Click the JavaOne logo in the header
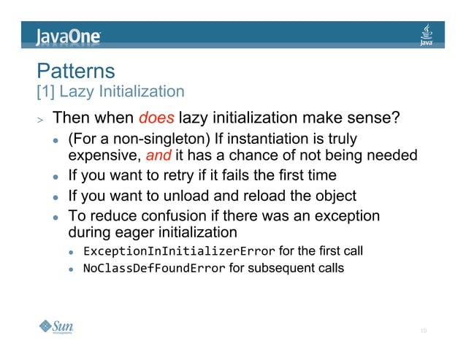point(69,36)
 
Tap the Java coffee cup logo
point(427,34)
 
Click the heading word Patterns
point(76,71)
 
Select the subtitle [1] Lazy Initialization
point(110,91)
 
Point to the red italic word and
point(158,156)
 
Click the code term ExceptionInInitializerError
point(179,251)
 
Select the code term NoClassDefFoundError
point(154,268)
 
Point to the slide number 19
point(423,332)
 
